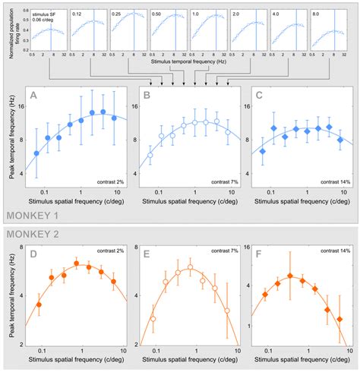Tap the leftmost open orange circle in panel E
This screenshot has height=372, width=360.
pos(153,320)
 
